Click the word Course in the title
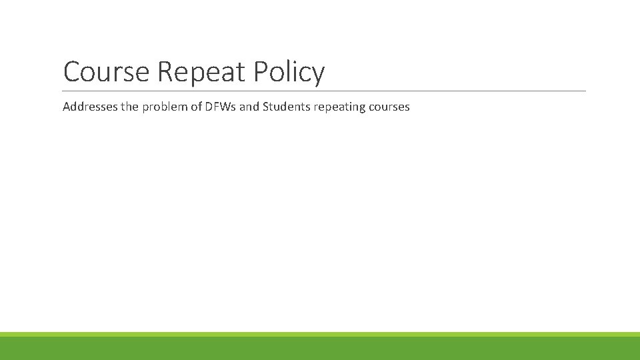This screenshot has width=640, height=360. pos(107,72)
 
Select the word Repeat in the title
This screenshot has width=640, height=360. pos(201,72)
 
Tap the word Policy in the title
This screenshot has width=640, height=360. pos(289,72)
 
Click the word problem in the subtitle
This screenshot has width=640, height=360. pos(166,107)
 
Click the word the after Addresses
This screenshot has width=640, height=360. pos(129,107)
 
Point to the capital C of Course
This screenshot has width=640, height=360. pos(72,72)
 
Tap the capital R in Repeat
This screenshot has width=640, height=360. pos(165,72)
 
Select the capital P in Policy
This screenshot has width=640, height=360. pos(261,72)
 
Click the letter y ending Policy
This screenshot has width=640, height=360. pos(318,75)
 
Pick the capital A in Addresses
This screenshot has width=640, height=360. pos(67,107)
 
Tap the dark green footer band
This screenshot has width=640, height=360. pos(320,349)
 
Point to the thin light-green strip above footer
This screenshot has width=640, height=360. pos(320,334)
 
